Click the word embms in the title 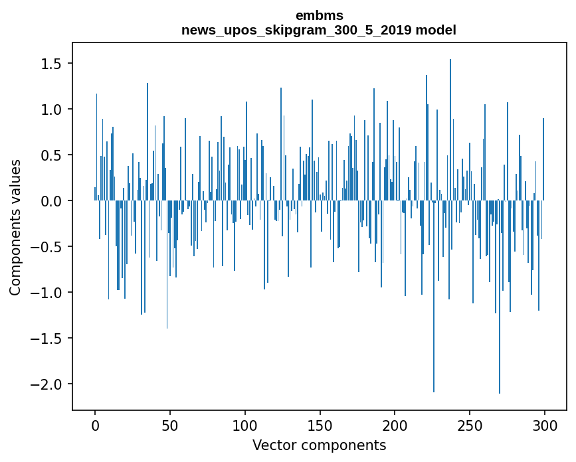[319, 15]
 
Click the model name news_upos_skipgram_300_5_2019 [296, 30]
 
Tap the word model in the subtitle [436, 30]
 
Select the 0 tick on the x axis [95, 426]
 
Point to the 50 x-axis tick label [170, 426]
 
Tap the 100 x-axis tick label [244, 426]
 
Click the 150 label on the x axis [320, 426]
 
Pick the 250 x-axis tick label [470, 426]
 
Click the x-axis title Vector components [319, 445]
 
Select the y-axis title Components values [15, 228]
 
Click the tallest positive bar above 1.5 [450, 130]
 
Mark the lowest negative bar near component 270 [500, 297]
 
